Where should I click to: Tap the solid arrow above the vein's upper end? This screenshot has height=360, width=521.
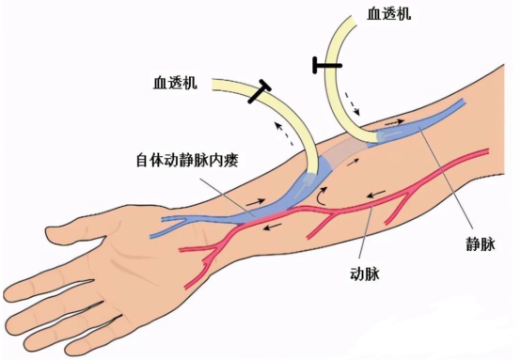[394, 122]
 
